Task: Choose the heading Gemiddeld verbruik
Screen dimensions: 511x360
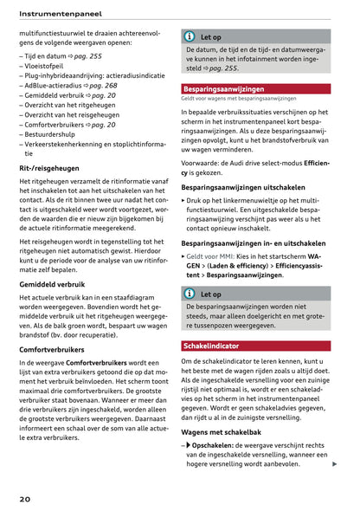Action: [x=52, y=283]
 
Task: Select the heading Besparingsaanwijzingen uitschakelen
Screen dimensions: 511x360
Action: [x=243, y=186]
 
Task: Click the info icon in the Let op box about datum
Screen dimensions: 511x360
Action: [x=190, y=37]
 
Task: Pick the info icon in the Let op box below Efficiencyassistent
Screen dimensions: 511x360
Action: [x=190, y=294]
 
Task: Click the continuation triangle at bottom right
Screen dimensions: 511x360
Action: [x=334, y=465]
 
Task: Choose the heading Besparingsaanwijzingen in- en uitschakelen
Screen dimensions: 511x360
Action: [x=254, y=243]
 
